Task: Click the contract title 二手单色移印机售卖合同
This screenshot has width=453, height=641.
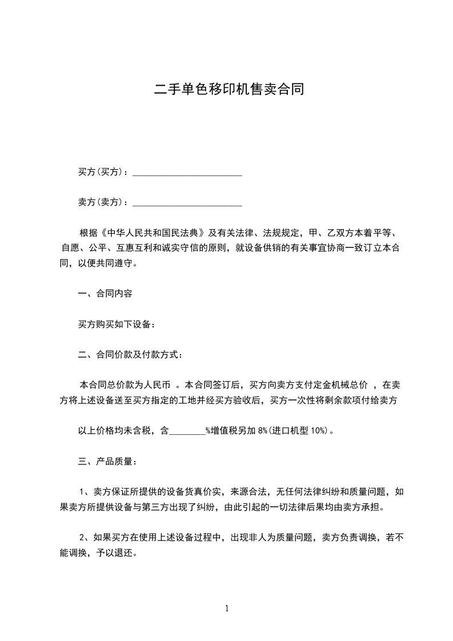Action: (227, 89)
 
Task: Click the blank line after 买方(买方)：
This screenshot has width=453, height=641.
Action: (187, 172)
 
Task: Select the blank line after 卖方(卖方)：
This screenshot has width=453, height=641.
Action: (187, 202)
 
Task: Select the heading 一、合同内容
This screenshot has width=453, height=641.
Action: (105, 294)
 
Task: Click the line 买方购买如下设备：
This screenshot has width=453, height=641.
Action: (117, 324)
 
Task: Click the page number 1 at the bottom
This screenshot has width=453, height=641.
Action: (227, 608)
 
